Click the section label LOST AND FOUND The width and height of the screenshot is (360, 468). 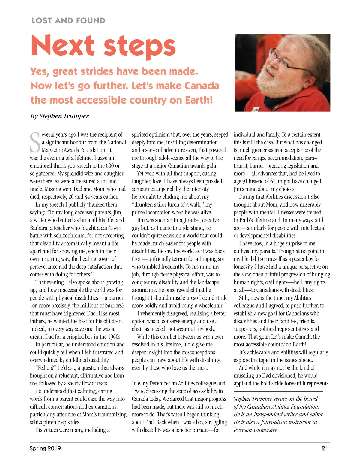click(x=68, y=21)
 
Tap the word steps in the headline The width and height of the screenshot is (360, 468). click(x=139, y=47)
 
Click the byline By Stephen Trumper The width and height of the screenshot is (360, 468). click(x=59, y=116)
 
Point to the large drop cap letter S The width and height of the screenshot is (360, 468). click(x=35, y=143)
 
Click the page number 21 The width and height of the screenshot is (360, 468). click(x=325, y=448)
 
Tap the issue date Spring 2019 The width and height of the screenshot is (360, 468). click(x=45, y=448)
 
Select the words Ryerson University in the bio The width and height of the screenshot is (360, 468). click(x=256, y=430)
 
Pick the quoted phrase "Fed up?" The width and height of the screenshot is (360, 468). click(x=46, y=368)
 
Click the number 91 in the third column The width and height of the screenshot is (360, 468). click(x=246, y=181)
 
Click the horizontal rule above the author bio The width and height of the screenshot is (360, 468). click(x=278, y=391)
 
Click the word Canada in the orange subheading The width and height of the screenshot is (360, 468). click(x=202, y=86)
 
